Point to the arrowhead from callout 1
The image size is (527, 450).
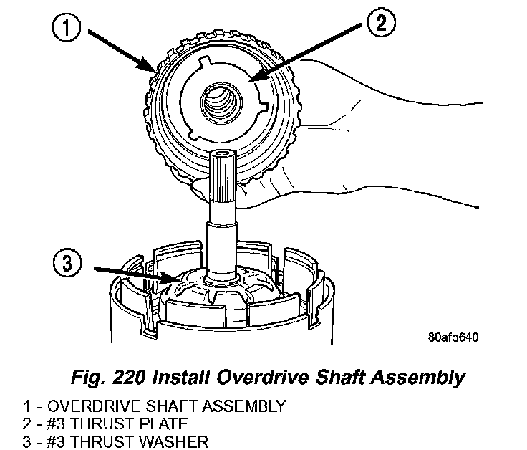(x=152, y=72)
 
